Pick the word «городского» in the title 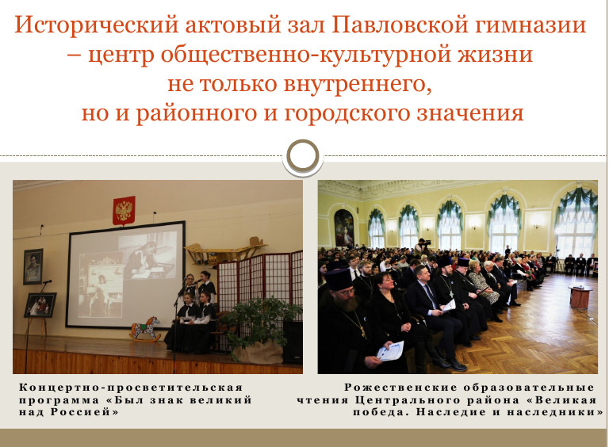(x=347, y=113)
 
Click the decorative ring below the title (x=303, y=156)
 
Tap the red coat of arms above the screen (x=124, y=211)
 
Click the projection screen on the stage (x=125, y=275)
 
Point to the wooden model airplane (x=225, y=250)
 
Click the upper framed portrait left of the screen (x=33, y=266)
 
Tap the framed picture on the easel (x=40, y=305)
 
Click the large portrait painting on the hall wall (x=344, y=228)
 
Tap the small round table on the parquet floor (x=580, y=296)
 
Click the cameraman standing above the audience (x=422, y=247)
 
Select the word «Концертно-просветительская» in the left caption (x=131, y=388)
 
